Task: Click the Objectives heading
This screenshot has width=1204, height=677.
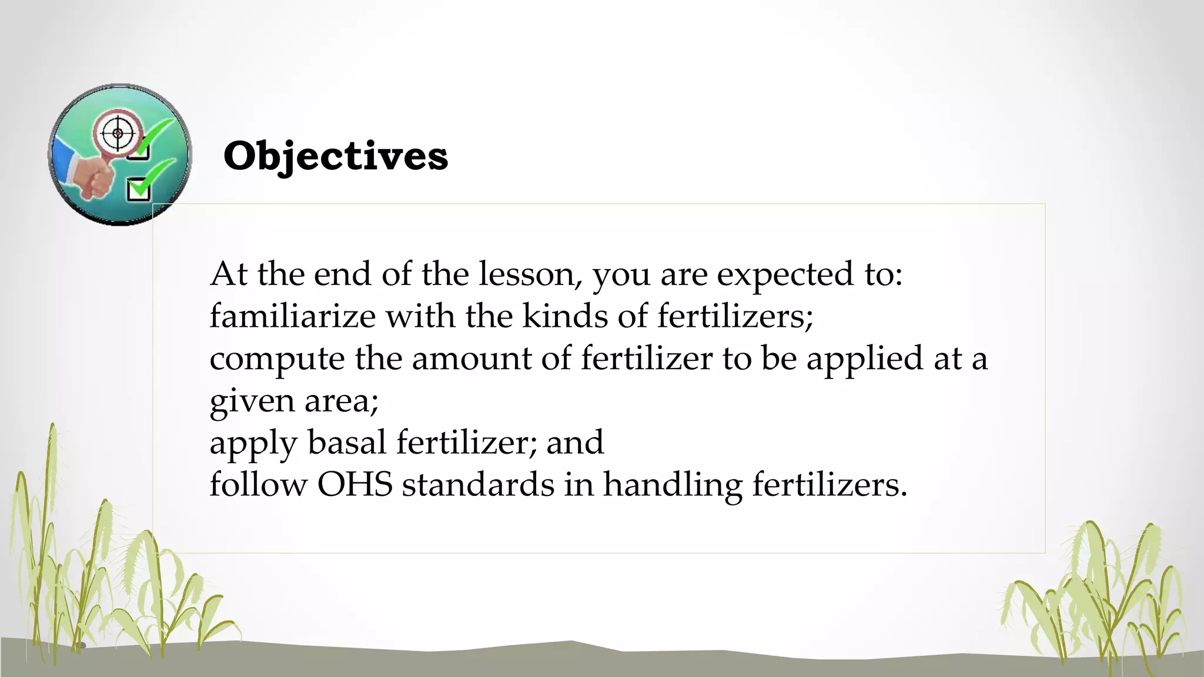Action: pos(336,157)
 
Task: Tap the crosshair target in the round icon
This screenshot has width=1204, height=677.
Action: pos(118,133)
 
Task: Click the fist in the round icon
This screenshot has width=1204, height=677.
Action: pos(94,177)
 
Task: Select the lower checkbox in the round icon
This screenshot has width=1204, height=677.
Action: pos(139,189)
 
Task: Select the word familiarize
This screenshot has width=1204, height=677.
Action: pos(292,316)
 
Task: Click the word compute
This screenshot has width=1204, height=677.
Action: pos(277,359)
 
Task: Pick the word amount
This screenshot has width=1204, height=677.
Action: pos(471,358)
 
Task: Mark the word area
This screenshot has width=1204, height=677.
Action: pos(341,401)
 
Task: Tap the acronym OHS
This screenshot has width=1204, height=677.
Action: pos(354,485)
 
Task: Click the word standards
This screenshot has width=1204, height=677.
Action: pos(478,485)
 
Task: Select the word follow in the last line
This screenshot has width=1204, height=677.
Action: pos(258,485)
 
